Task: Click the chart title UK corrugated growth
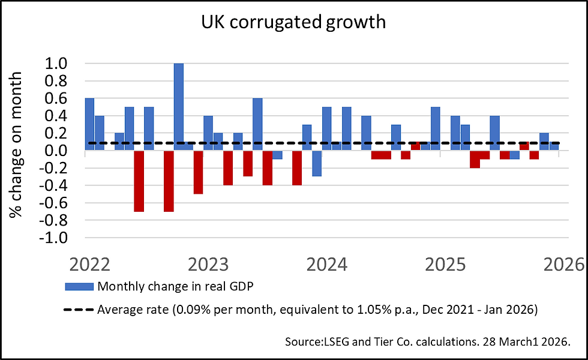(294, 22)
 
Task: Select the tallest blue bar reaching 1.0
(179, 106)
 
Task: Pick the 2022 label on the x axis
(91, 265)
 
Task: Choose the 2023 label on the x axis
(209, 265)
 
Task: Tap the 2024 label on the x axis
(327, 265)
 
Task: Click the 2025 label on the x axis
(445, 265)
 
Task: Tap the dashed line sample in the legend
(78, 310)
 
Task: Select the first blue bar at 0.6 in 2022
(89, 124)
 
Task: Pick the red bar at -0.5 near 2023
(199, 172)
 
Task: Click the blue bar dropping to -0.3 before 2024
(317, 163)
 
